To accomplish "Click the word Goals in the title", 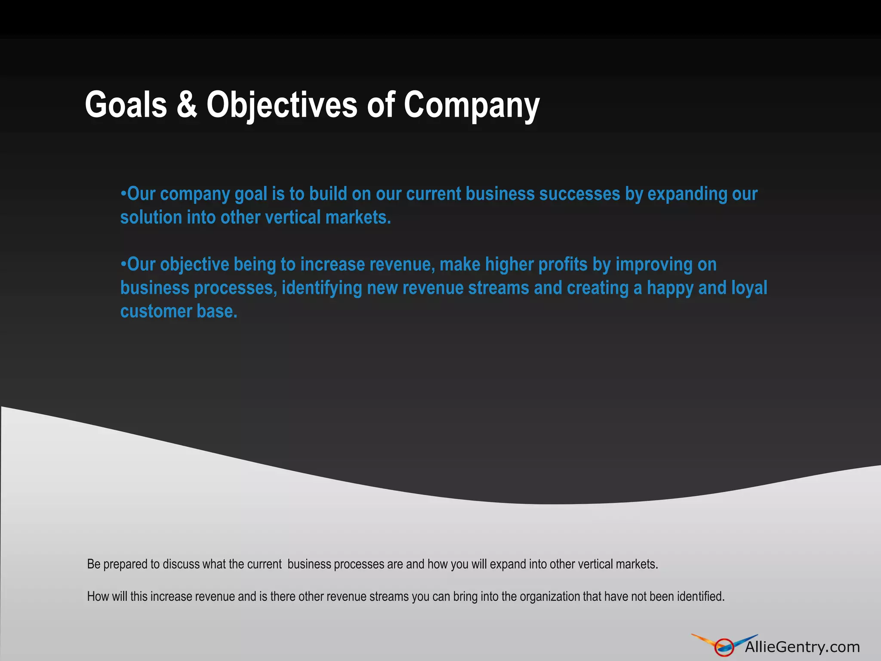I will [x=126, y=105].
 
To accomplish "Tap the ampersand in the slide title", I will [x=187, y=105].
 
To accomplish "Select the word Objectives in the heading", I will [x=282, y=105].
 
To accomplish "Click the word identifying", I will [x=322, y=288].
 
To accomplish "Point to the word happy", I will [x=670, y=288].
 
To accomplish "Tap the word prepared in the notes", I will [x=126, y=564].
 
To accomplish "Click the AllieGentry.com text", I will [x=802, y=647].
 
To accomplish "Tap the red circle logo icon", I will [x=724, y=647].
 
